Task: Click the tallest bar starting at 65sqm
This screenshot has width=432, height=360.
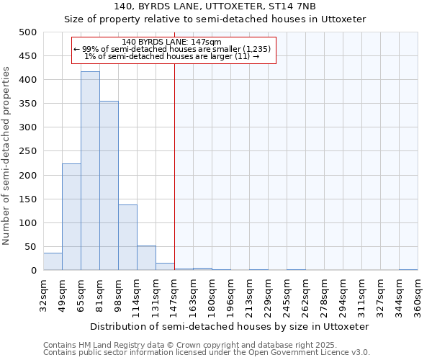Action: [90, 171]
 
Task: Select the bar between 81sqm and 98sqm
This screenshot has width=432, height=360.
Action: [109, 186]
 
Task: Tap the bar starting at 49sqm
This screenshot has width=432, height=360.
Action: [71, 217]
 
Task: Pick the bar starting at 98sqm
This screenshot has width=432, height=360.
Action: [127, 238]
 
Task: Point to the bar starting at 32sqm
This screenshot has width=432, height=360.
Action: [53, 261]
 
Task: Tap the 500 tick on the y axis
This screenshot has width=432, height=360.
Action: [28, 32]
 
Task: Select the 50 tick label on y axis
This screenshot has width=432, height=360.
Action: [31, 247]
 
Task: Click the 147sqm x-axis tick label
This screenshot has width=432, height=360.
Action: [174, 294]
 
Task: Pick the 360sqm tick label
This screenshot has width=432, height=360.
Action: [418, 294]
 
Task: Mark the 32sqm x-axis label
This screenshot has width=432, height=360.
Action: [43, 294]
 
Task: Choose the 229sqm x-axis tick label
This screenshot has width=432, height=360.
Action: [268, 294]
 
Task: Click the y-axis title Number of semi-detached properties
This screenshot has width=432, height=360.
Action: [7, 156]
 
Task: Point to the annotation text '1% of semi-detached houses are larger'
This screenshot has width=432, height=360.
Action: [172, 56]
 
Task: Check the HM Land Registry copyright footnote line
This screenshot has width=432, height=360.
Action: [195, 345]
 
